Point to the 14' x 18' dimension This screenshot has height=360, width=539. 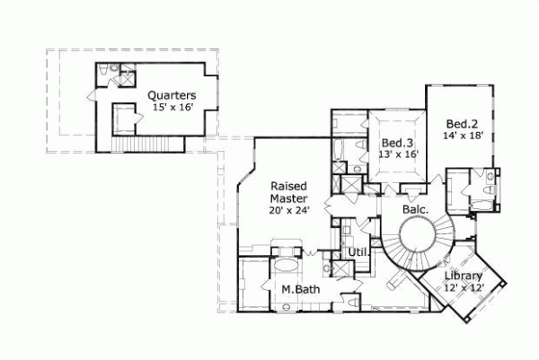464,136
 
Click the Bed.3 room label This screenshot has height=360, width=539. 396,143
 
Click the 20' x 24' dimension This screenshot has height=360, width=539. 289,212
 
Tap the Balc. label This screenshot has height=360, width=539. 415,210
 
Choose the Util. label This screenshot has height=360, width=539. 359,253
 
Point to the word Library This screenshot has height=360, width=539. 464,276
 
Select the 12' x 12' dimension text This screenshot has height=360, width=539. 464,288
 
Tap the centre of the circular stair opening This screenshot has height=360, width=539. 419,241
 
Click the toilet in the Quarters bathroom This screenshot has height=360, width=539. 105,71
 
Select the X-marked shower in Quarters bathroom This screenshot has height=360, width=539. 124,70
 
